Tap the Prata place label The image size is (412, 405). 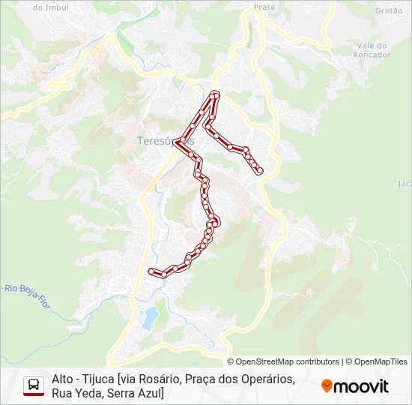pyautogui.click(x=264, y=7)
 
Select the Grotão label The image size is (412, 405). pyautogui.click(x=389, y=10)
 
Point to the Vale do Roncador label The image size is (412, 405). pyautogui.click(x=374, y=50)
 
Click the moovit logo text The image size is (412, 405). pyautogui.click(x=361, y=386)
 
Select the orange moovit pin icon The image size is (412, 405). pyautogui.click(x=327, y=386)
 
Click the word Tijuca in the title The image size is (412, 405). pyautogui.click(x=95, y=379)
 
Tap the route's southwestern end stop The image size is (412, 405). pyautogui.click(x=152, y=271)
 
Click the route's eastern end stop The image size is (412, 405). pyautogui.click(x=260, y=171)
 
